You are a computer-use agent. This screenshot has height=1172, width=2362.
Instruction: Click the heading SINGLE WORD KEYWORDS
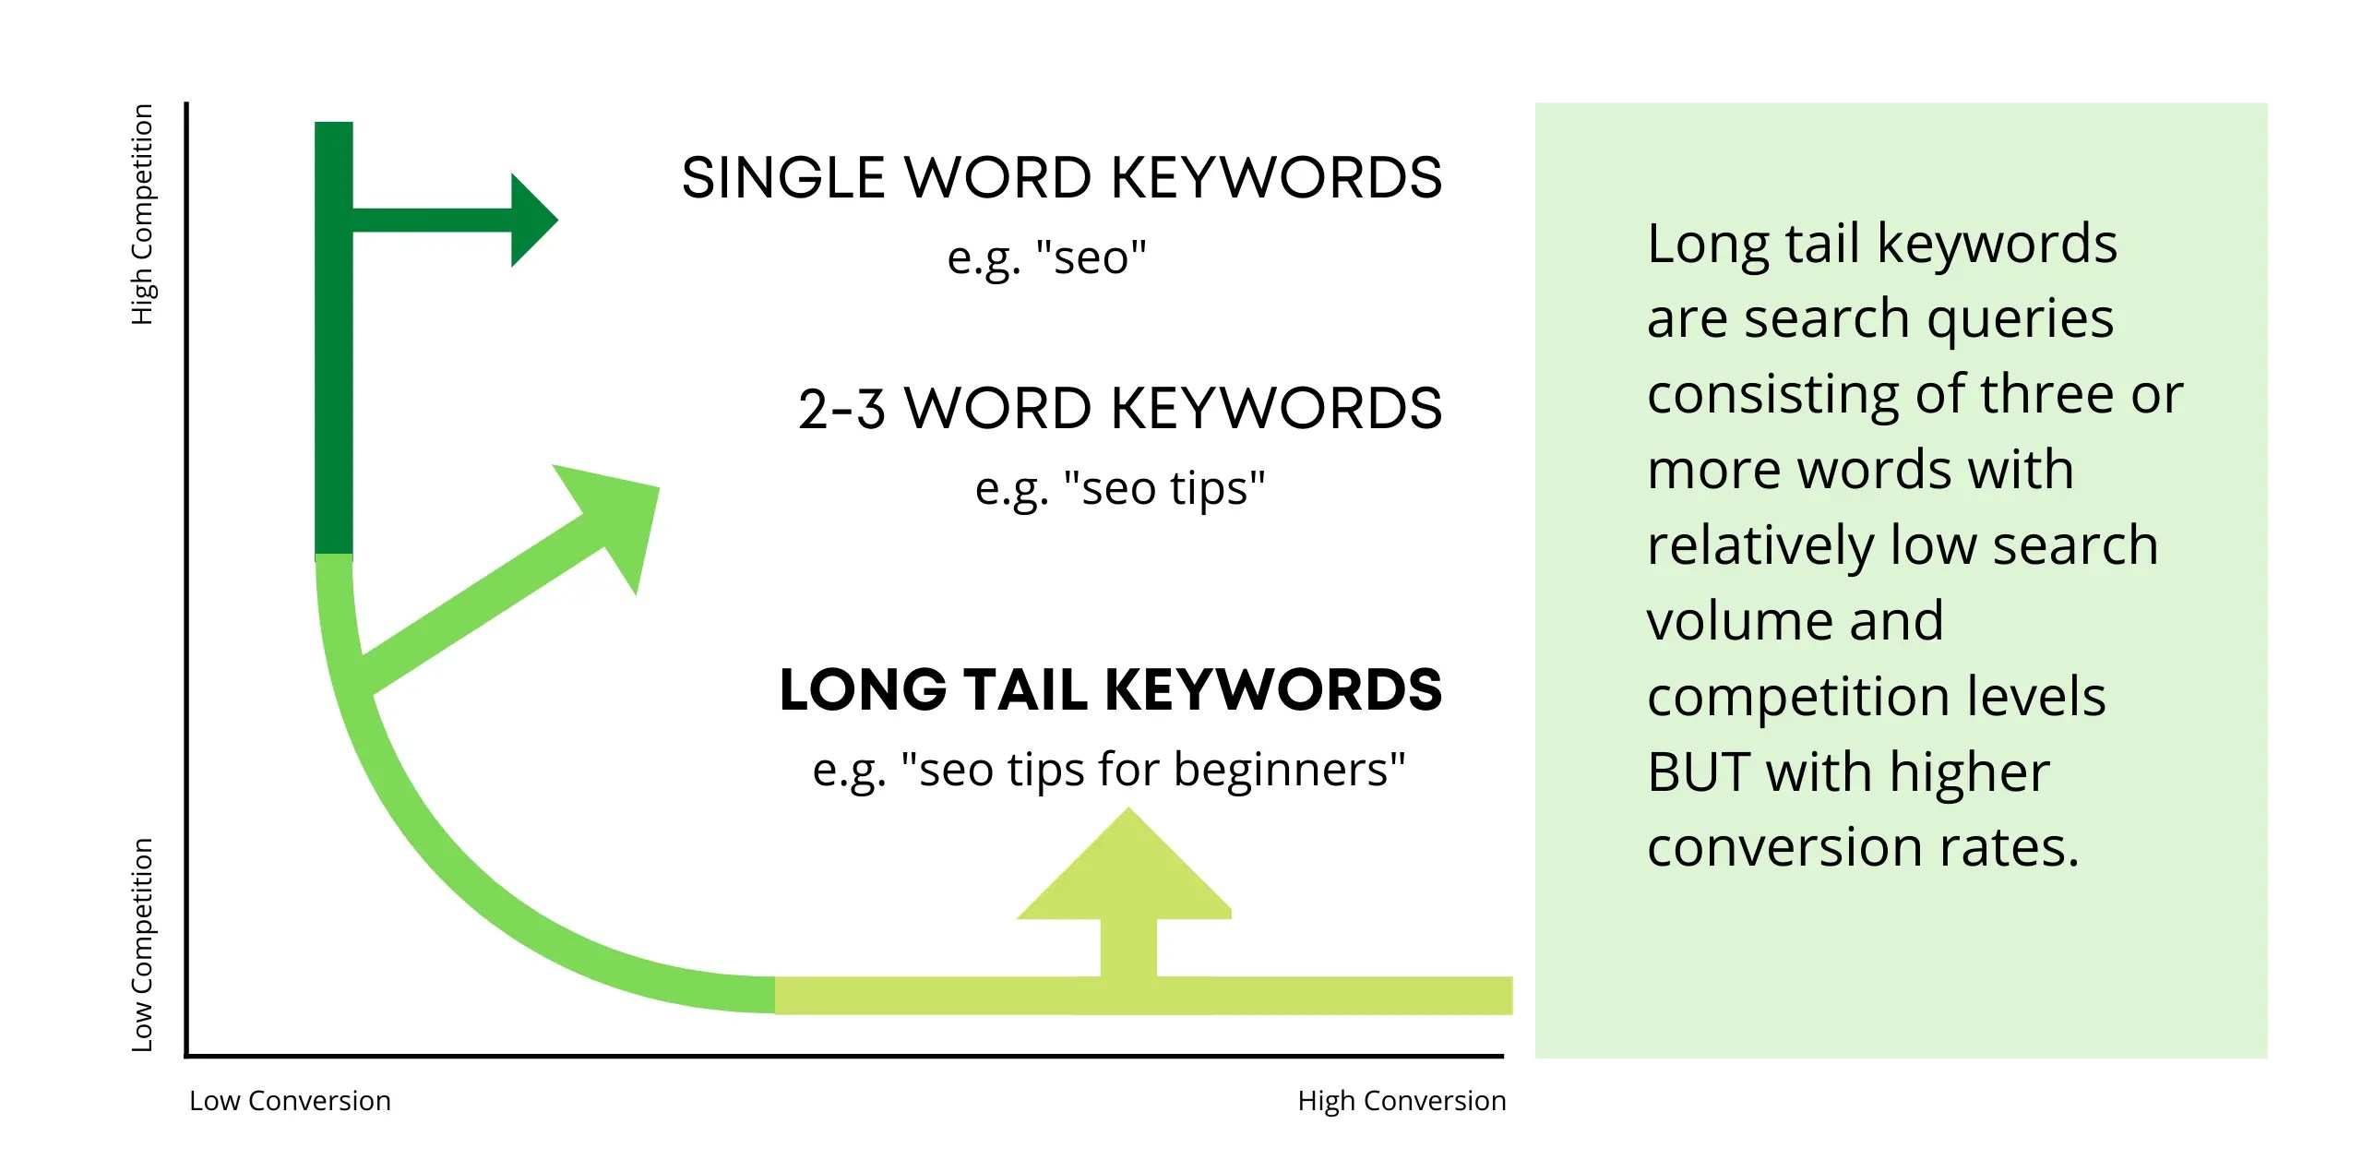pos(1061,177)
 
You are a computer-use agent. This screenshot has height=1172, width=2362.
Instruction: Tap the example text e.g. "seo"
pos(1046,257)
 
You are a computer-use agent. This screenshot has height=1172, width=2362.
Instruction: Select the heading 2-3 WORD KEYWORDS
pos(1119,409)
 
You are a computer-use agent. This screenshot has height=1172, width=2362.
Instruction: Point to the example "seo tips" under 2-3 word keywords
pos(1119,488)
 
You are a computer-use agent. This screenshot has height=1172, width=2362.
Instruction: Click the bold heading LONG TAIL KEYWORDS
pos(1110,690)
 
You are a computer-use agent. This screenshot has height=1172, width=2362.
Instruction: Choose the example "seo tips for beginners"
pos(1108,770)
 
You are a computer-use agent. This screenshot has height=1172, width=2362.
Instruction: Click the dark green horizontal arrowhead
pos(531,220)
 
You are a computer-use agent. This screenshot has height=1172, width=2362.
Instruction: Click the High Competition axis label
pos(141,214)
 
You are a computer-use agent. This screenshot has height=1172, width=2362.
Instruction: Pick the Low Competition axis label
pos(141,944)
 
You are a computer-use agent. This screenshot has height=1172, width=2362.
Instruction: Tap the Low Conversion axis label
pos(290,1101)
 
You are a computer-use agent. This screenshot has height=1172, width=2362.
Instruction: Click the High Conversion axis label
pos(1401,1101)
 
